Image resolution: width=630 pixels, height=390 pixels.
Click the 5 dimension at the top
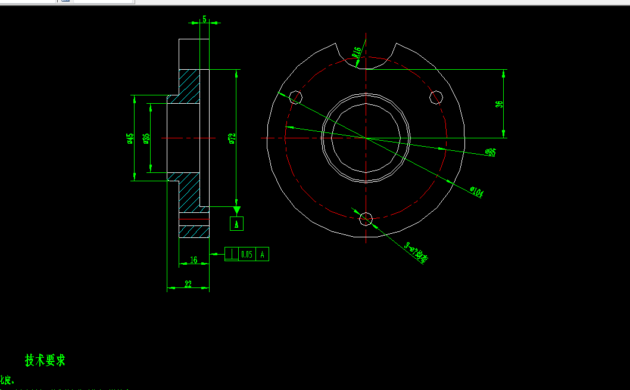pyautogui.click(x=204, y=19)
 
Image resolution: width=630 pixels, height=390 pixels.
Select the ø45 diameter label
pyautogui.click(x=130, y=138)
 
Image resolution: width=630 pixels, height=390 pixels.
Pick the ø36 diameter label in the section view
pyautogui.click(x=146, y=138)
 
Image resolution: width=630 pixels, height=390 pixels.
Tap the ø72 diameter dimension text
pyautogui.click(x=232, y=138)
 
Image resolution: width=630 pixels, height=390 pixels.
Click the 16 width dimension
pyautogui.click(x=194, y=259)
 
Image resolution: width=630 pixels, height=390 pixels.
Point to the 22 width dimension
pyautogui.click(x=188, y=284)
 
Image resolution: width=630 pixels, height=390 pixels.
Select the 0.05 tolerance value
pyautogui.click(x=247, y=255)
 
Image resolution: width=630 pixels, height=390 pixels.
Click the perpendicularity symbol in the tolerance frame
pyautogui.click(x=231, y=255)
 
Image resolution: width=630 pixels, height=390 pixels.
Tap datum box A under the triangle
pyautogui.click(x=236, y=224)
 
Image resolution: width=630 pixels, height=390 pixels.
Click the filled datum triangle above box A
pyautogui.click(x=236, y=210)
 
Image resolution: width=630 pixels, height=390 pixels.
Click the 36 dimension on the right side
pyautogui.click(x=499, y=104)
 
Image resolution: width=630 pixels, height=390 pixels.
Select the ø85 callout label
pyautogui.click(x=490, y=153)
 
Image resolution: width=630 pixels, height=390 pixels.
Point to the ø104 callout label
pyautogui.click(x=477, y=192)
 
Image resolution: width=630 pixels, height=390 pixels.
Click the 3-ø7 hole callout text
pyautogui.click(x=416, y=252)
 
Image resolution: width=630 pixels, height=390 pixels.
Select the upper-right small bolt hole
pyautogui.click(x=436, y=97)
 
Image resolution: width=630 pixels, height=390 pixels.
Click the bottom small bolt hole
pyautogui.click(x=366, y=219)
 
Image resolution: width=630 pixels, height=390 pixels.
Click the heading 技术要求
pyautogui.click(x=45, y=360)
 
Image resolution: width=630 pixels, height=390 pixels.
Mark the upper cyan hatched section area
pyautogui.click(x=190, y=87)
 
